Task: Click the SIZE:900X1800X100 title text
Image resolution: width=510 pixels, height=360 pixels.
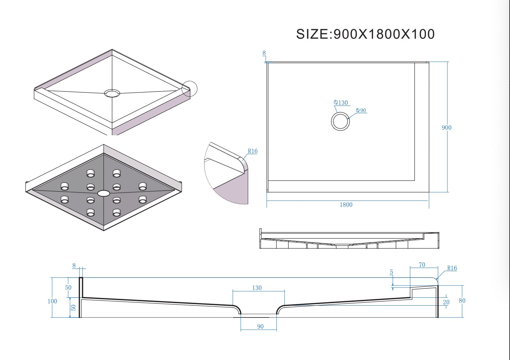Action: (x=365, y=34)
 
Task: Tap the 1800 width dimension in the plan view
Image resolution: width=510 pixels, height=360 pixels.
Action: (x=346, y=205)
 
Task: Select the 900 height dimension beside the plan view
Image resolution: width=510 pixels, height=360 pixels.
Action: (x=446, y=128)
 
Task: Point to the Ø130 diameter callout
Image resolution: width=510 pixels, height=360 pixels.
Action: (x=341, y=103)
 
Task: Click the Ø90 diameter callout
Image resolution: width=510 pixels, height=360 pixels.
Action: (x=361, y=110)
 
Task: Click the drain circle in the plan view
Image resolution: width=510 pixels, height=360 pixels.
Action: (x=340, y=121)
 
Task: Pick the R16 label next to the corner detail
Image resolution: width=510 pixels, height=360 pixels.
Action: (x=252, y=151)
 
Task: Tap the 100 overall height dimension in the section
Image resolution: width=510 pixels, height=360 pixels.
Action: (x=52, y=301)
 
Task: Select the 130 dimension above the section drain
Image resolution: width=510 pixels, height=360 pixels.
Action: (x=257, y=288)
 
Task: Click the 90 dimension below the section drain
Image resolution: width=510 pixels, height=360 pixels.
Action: (x=260, y=326)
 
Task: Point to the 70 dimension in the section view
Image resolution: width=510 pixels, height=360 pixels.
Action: (x=422, y=265)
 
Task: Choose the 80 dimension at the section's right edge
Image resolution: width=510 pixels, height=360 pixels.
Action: (x=462, y=301)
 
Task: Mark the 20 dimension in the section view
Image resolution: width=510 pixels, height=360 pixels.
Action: (x=446, y=302)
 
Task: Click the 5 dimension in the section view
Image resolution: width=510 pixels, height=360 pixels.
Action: (x=391, y=272)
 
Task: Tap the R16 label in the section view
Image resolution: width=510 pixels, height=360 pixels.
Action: (x=452, y=268)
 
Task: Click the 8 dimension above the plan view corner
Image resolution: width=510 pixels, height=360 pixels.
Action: (x=264, y=53)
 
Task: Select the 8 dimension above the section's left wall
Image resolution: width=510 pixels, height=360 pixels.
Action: (x=74, y=265)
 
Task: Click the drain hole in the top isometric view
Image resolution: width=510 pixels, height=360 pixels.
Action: (x=112, y=93)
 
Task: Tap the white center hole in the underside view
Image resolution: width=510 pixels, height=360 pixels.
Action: (x=103, y=193)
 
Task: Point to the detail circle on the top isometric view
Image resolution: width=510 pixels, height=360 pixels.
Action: (x=189, y=89)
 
